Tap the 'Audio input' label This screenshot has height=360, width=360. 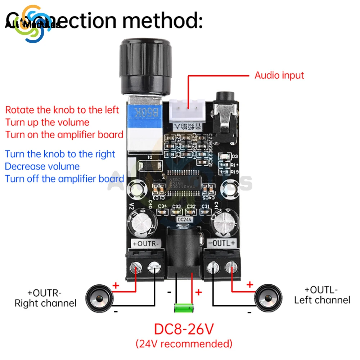pos(279,76)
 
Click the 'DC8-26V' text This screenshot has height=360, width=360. pos(184,328)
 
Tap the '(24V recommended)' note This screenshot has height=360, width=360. pos(184,343)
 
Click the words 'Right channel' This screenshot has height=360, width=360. pos(45,303)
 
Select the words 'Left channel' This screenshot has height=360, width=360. pos(322,300)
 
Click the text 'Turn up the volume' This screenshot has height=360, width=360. pos(47,122)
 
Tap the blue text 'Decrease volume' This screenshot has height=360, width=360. pos(42,167)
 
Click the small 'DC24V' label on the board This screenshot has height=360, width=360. pos(184,219)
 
